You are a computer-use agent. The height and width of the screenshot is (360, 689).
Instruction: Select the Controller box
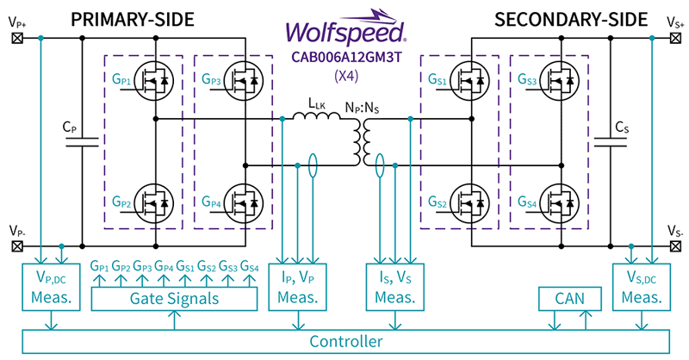[344, 342]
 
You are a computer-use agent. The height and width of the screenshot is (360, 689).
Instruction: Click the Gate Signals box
[175, 298]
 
